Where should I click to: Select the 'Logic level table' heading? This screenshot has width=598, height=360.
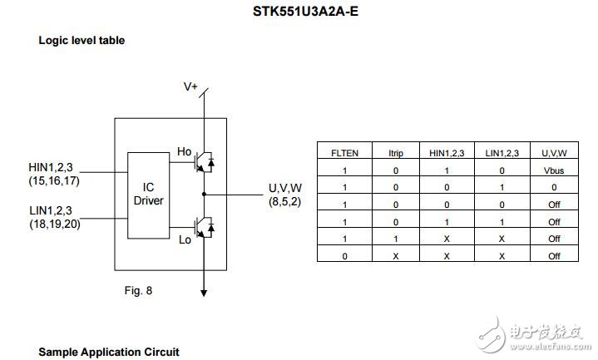point(82,40)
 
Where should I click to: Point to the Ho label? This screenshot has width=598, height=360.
point(185,151)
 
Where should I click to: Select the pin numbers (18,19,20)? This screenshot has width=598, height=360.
point(56,224)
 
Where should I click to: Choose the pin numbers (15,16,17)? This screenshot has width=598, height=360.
point(56,180)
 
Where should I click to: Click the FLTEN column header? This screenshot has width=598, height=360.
point(344,153)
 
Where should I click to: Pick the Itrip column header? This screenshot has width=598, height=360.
point(397,153)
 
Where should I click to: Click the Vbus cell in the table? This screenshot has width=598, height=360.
point(555,170)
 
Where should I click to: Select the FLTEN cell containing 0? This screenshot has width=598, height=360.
point(344,256)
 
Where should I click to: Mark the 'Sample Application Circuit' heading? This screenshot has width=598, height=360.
point(109,352)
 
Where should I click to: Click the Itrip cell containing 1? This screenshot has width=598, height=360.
point(397,239)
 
